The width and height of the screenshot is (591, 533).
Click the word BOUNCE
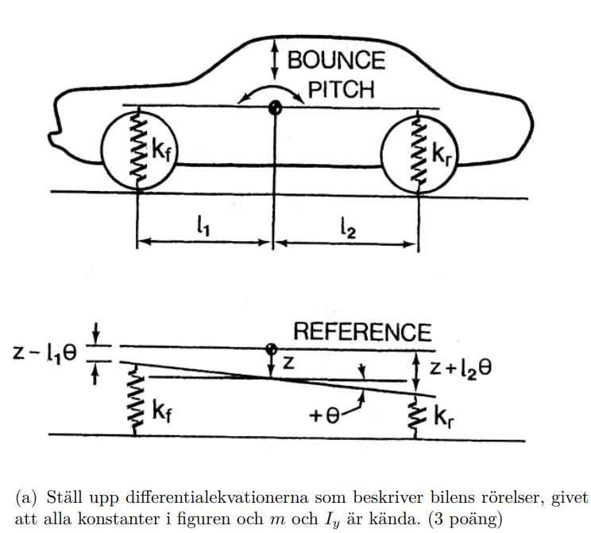pyautogui.click(x=336, y=60)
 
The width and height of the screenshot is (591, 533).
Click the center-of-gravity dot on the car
pyautogui.click(x=275, y=107)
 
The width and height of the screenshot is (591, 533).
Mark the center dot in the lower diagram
pyautogui.click(x=272, y=348)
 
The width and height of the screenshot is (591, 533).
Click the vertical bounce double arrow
pyautogui.click(x=275, y=59)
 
